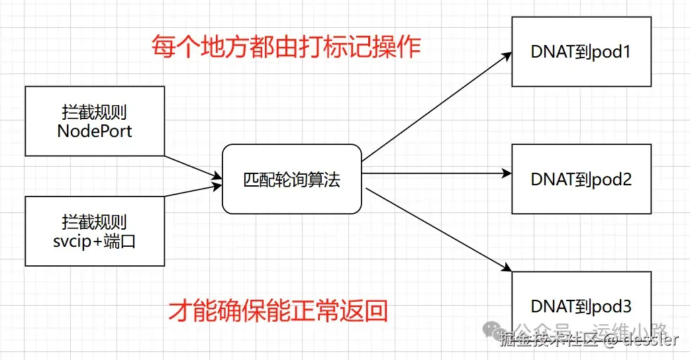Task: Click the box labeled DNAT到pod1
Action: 580,52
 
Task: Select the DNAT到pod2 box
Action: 580,179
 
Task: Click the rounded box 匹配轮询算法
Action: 292,179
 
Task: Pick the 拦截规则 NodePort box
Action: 94,121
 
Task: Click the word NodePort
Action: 94,130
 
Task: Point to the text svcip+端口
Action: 94,241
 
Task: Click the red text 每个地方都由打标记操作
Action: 286,47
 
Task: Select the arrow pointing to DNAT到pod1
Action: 437,107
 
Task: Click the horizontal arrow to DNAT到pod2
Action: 437,174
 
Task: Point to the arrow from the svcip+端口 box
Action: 192,191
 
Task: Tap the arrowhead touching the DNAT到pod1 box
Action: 507,55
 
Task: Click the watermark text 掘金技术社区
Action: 550,341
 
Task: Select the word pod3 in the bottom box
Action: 613,306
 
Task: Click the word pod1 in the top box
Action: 613,52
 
